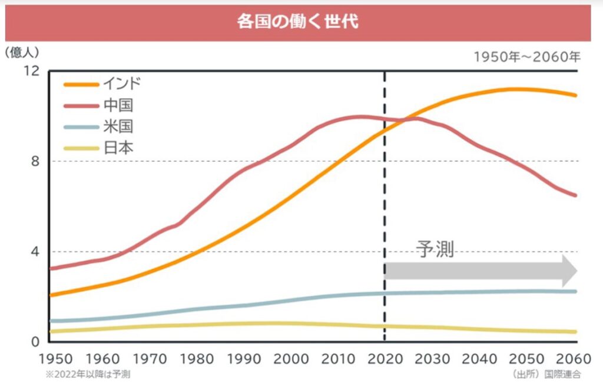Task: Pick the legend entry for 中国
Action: click(118, 105)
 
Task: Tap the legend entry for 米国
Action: click(118, 127)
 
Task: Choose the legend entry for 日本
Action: click(118, 148)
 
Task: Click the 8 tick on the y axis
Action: click(34, 161)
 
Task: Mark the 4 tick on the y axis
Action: click(34, 252)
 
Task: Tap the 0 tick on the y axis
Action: click(34, 342)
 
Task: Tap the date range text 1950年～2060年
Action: click(527, 57)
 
